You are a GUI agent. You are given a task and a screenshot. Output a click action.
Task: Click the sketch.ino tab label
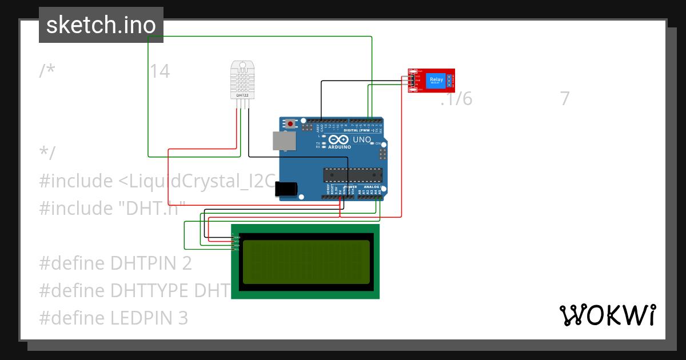pyautogui.click(x=101, y=25)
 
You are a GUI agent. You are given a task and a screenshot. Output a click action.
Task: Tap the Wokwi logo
pyautogui.click(x=607, y=315)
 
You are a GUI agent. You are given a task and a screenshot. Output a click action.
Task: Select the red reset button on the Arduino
pyautogui.click(x=290, y=124)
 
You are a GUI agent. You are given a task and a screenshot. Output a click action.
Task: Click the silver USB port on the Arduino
pyautogui.click(x=283, y=141)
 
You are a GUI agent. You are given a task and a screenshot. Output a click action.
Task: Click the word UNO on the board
pyautogui.click(x=361, y=139)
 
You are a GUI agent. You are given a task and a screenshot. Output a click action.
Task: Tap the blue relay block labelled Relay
pyautogui.click(x=436, y=81)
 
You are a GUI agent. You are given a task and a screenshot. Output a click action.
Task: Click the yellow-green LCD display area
pyautogui.click(x=306, y=262)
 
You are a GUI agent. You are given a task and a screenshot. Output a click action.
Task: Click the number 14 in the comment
pyautogui.click(x=159, y=71)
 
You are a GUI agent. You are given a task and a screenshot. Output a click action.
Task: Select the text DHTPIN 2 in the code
pyautogui.click(x=151, y=263)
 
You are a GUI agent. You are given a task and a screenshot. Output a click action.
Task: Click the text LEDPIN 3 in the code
pyautogui.click(x=149, y=318)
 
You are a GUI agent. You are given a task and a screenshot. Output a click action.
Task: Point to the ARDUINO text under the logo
pyautogui.click(x=339, y=147)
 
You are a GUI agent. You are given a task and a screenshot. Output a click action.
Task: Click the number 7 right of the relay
pyautogui.click(x=565, y=99)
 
